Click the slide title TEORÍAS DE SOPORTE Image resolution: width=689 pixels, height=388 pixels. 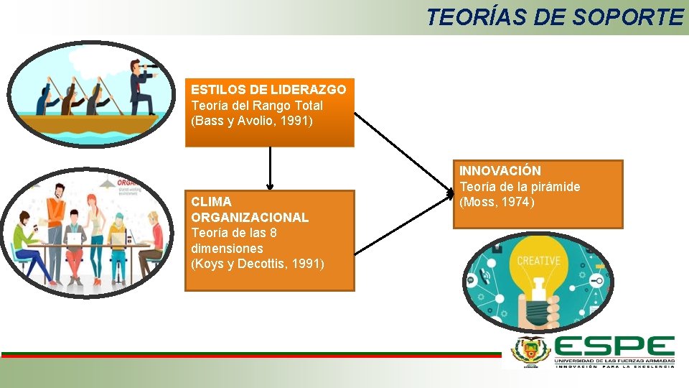pos(555,17)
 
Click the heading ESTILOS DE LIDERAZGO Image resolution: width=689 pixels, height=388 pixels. pos(268,90)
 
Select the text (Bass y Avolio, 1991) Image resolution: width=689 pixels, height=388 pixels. pos(252,121)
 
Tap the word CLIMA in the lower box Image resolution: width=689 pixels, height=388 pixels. pos(211,202)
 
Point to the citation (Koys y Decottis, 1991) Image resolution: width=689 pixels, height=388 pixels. pos(258,264)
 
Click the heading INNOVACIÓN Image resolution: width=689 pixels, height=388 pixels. pos(500,171)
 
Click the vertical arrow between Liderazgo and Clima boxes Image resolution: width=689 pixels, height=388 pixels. pos(271,168)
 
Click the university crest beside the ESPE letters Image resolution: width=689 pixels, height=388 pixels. pos(530,351)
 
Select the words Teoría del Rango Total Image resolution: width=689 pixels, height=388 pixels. pos(256,106)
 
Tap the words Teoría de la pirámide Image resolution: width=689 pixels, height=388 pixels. pos(520,187)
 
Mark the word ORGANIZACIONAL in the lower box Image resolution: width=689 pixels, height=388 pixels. pos(250,217)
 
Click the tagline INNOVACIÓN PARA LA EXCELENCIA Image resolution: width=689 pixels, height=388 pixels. pos(614,366)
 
